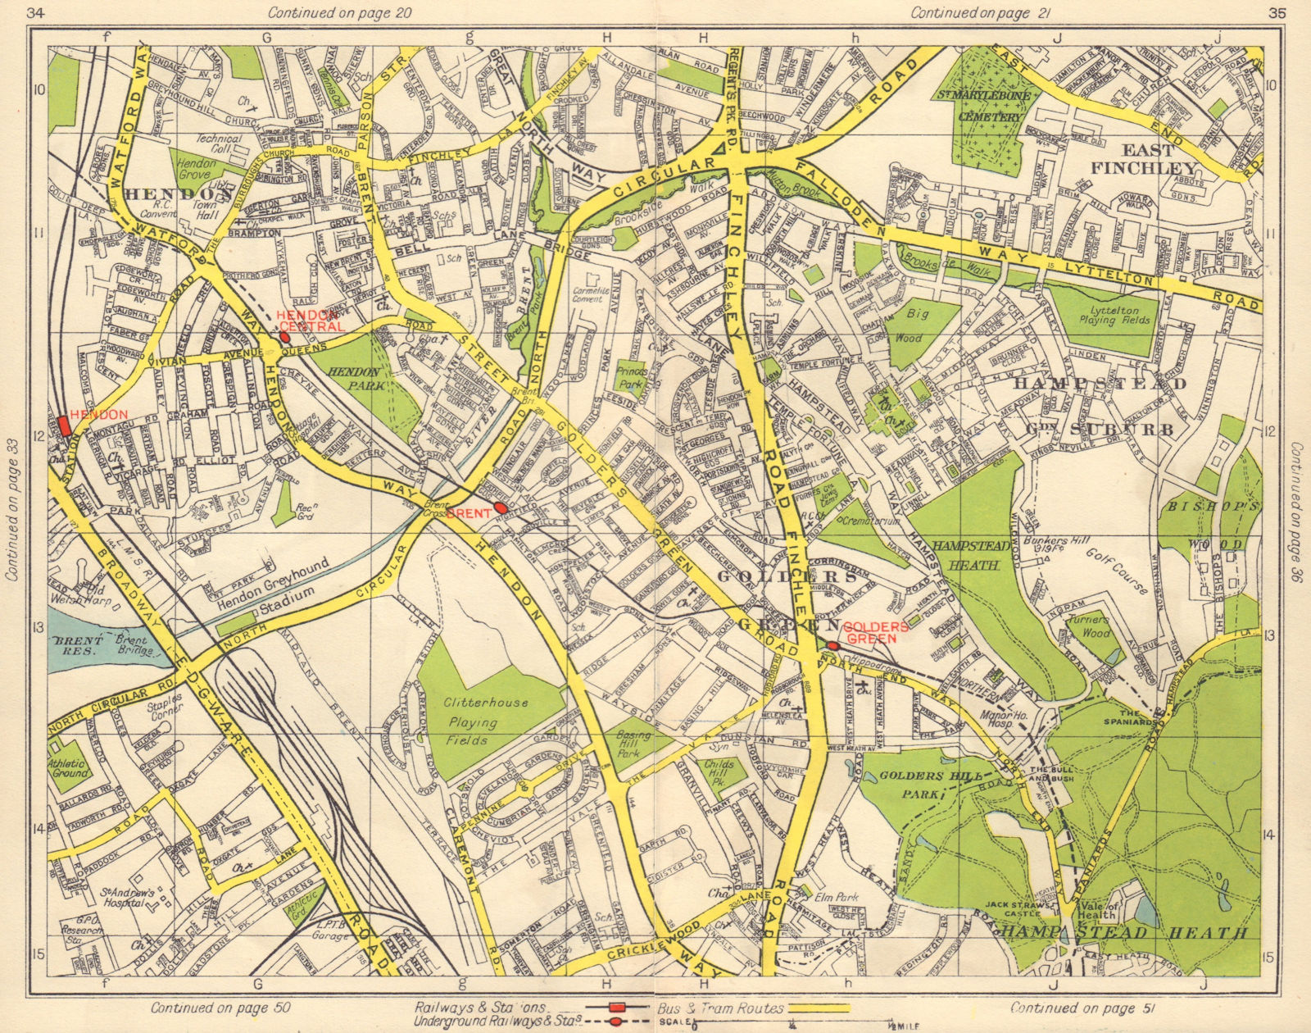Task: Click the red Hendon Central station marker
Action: coord(284,336)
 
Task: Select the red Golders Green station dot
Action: coord(832,646)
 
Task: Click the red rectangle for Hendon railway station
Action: coord(63,427)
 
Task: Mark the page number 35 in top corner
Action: coord(1276,13)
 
